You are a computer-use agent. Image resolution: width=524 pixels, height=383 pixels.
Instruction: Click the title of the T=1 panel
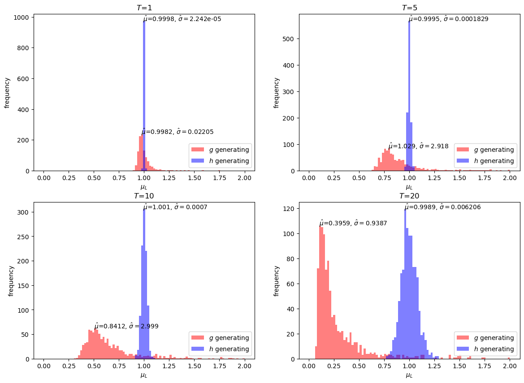(x=144, y=8)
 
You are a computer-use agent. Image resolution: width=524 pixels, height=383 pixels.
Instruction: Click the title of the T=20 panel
(x=409, y=196)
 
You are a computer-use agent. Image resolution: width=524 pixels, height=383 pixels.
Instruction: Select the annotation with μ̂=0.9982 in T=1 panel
(x=178, y=132)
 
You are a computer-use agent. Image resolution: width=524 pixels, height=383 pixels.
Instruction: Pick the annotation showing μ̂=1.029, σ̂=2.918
(x=418, y=146)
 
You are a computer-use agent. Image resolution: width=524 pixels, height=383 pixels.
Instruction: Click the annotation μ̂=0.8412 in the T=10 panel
(x=126, y=327)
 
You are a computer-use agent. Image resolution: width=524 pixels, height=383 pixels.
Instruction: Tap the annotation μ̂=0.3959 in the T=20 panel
(x=353, y=223)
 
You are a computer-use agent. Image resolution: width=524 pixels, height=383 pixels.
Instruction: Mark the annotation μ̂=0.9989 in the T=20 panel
(x=442, y=207)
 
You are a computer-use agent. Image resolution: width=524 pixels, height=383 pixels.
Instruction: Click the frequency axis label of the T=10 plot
(x=11, y=281)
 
